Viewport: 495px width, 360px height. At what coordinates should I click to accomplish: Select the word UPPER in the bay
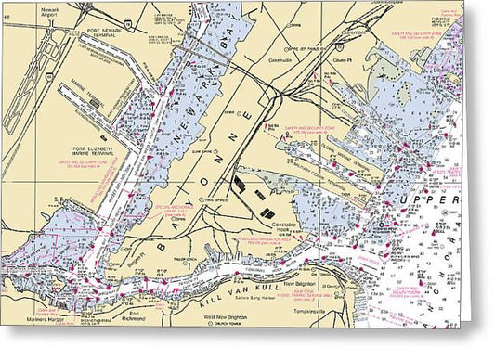[x=427, y=201]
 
